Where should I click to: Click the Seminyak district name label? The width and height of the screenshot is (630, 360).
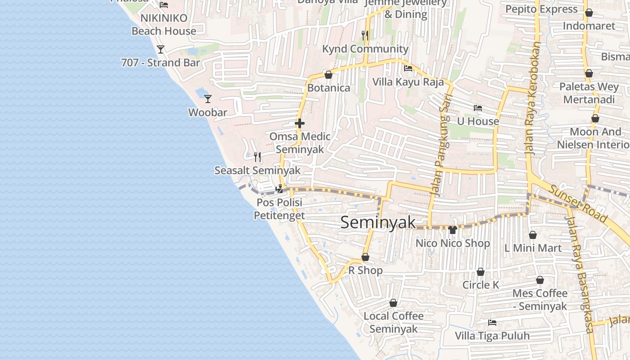(x=378, y=222)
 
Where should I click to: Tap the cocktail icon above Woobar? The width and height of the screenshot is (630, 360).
(x=207, y=99)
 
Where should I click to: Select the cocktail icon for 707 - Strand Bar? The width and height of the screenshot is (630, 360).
(x=161, y=49)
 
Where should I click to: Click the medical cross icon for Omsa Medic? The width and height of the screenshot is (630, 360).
(x=300, y=123)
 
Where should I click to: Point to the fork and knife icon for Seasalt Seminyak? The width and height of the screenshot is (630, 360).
(x=257, y=157)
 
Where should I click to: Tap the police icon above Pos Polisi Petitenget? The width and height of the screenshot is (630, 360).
(x=279, y=189)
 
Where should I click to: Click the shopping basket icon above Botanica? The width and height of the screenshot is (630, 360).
(x=328, y=74)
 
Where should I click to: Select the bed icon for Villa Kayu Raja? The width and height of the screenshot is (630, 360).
(x=408, y=68)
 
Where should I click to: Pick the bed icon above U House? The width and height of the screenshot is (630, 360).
(x=478, y=108)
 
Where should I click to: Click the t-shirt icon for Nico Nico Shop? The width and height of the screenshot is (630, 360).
(x=453, y=229)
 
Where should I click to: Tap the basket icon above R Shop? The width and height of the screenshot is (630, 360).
(x=365, y=257)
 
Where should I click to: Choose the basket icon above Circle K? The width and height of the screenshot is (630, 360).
(x=481, y=272)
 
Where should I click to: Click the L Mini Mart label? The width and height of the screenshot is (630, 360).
(x=533, y=248)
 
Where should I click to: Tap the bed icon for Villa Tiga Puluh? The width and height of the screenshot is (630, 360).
(x=492, y=322)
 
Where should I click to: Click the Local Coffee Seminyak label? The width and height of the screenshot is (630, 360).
(x=393, y=322)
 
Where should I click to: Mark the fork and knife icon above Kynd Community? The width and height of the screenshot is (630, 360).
(x=365, y=35)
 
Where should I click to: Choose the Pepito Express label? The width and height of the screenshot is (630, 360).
(x=541, y=9)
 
